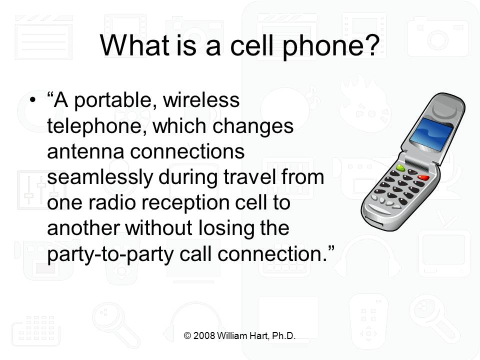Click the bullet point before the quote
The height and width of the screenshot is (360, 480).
tap(32, 101)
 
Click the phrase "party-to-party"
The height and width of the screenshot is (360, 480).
tap(105, 254)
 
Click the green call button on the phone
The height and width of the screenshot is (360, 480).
tap(400, 167)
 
